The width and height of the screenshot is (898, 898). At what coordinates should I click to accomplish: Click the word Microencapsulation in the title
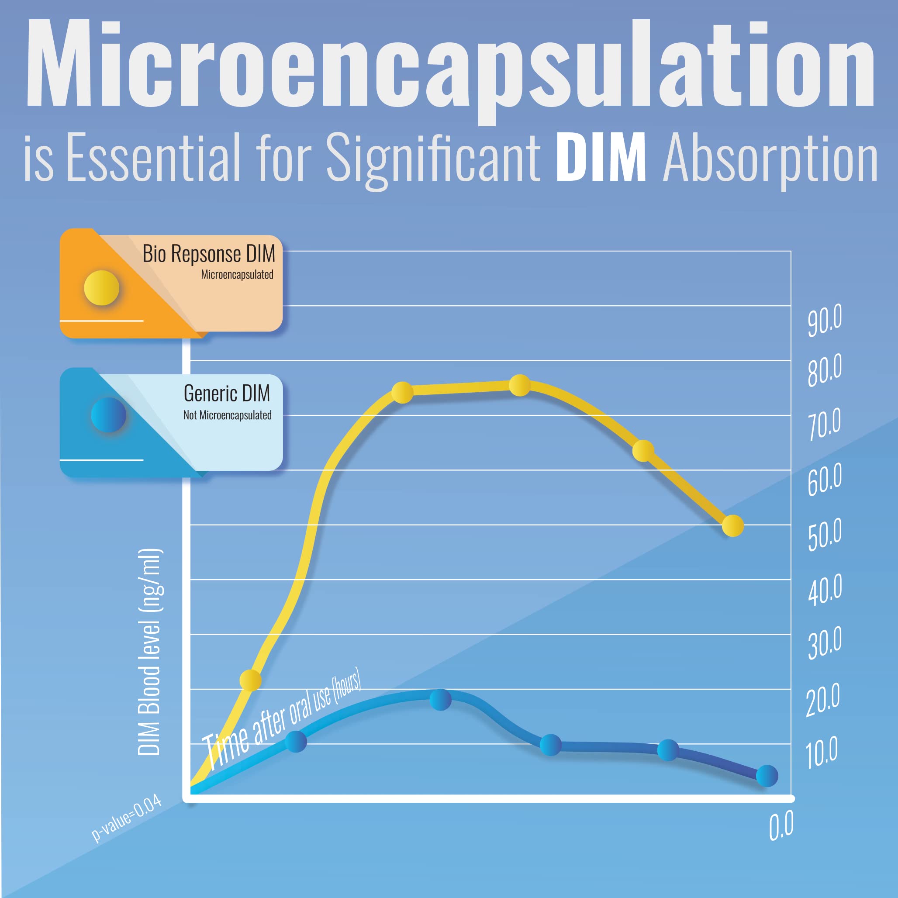449,65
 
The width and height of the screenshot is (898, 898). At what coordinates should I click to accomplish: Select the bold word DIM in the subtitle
601,157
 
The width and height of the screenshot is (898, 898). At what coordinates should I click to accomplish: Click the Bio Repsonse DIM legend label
209,254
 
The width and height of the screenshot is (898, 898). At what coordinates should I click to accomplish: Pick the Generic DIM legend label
226,393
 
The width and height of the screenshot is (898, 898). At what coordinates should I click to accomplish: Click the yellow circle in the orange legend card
101,288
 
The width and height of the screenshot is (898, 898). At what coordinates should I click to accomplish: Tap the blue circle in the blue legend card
108,414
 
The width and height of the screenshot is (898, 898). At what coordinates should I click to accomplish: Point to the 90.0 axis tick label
825,320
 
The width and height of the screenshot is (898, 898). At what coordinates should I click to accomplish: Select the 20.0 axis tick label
823,700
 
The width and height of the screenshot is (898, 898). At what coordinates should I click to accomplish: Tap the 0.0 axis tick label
781,825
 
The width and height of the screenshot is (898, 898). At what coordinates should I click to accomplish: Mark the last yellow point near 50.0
733,526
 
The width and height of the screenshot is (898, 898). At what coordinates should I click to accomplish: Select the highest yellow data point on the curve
520,385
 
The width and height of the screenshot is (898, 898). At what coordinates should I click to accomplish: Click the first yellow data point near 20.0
250,680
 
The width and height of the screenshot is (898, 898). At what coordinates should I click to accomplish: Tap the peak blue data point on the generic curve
440,699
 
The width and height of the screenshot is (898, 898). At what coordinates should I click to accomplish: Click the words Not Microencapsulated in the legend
227,415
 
